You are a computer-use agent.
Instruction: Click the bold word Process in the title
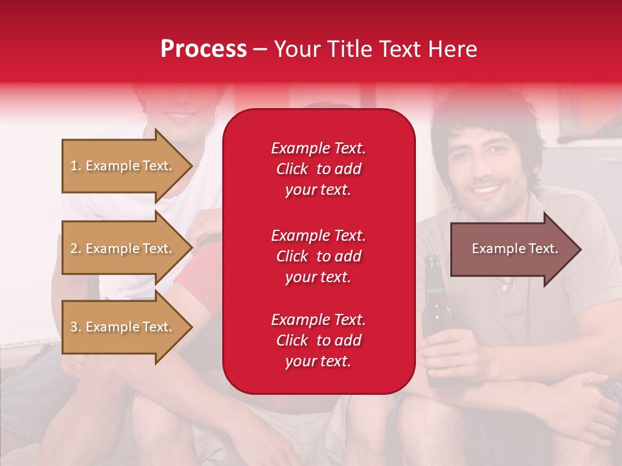(203, 49)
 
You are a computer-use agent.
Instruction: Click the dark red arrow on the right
(512, 249)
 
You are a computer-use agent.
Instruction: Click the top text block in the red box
(318, 169)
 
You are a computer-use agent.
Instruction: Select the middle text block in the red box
(318, 256)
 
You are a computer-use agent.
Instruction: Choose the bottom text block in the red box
(318, 340)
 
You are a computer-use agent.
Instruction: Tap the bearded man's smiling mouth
(487, 190)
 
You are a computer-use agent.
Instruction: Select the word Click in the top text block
(292, 169)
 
